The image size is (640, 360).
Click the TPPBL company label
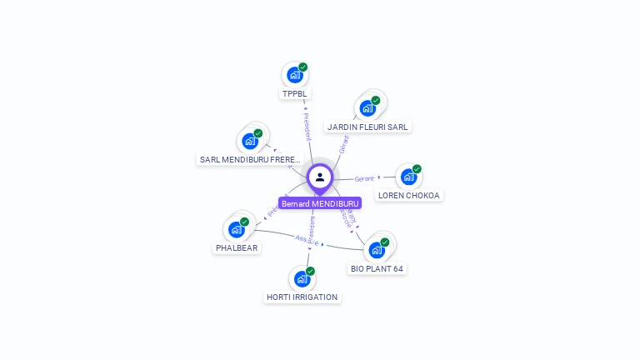[x=295, y=94]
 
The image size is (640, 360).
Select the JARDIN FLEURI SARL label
[x=367, y=127]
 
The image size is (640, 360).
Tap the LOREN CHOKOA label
[x=408, y=196]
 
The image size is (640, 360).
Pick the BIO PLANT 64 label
[x=377, y=269]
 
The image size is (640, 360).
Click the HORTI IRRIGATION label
[x=302, y=297]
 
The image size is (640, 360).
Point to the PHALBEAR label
[x=237, y=247]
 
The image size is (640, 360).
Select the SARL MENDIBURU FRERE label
[x=250, y=159]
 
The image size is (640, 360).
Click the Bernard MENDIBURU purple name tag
[x=320, y=203]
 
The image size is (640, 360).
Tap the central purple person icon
[x=320, y=177]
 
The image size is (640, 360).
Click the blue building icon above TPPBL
[x=294, y=75]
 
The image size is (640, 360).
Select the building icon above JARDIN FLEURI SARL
[x=367, y=107]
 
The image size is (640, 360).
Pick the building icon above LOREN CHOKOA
[x=408, y=177]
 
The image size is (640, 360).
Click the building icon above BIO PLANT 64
[x=377, y=250]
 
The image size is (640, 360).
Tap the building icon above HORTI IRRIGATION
[x=302, y=279]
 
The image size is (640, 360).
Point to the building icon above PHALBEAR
[x=236, y=229]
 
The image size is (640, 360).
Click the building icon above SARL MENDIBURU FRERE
[x=249, y=141]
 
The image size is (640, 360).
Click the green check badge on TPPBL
[x=303, y=67]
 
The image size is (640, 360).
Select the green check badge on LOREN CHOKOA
[x=417, y=169]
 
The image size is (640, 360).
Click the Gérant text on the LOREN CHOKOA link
[x=364, y=178]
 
